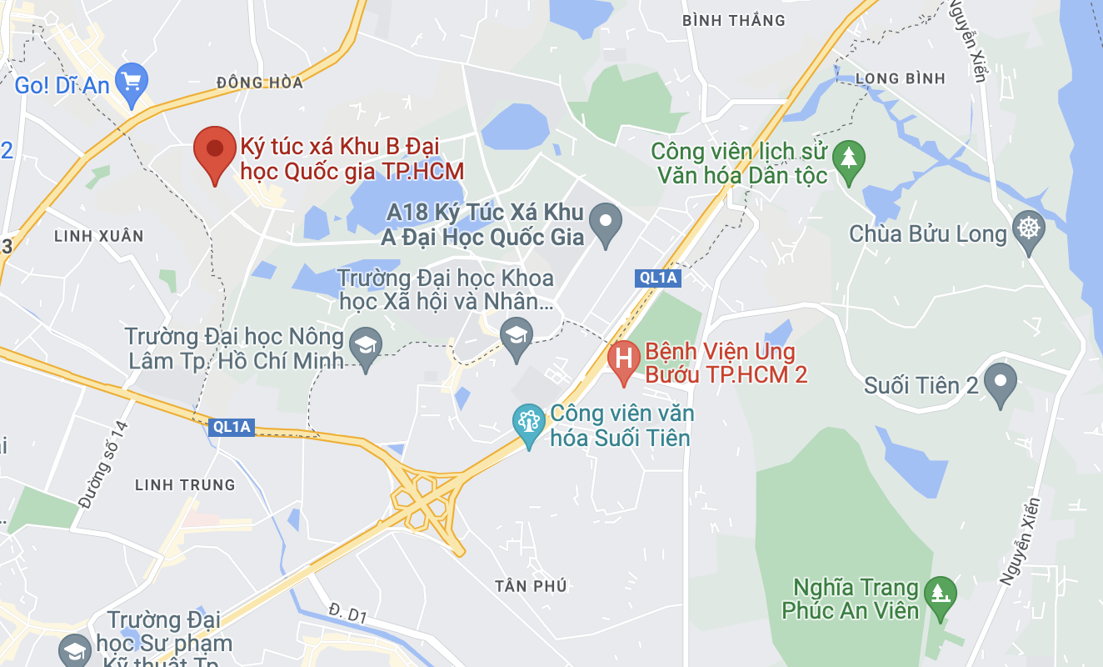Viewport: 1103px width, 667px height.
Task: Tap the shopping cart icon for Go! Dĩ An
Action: (132, 82)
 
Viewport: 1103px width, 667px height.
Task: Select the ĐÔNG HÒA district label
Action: (259, 83)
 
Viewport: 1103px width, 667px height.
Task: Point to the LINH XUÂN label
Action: (99, 236)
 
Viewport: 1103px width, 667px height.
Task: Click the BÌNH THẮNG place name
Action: (733, 20)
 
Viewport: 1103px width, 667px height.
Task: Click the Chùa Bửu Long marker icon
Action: (1030, 227)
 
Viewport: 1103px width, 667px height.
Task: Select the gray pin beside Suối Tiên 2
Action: (1000, 381)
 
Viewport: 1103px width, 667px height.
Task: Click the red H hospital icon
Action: (623, 359)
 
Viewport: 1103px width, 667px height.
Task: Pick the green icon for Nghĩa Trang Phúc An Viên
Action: (941, 594)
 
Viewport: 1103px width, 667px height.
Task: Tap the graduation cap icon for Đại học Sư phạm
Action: (74, 650)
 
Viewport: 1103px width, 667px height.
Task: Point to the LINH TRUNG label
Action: (185, 484)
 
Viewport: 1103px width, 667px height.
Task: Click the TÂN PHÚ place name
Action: (530, 586)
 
